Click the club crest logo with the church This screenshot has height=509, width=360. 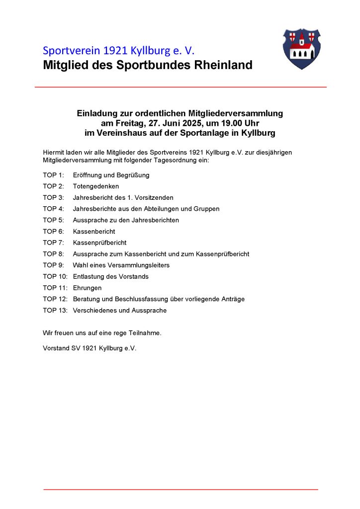tap(301, 48)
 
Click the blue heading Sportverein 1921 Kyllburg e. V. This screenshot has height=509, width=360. tap(119, 51)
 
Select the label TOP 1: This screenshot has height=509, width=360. tap(53, 175)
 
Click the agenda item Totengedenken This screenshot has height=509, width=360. tap(96, 186)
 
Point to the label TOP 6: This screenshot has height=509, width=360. tap(53, 232)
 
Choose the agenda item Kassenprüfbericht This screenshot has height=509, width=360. tap(99, 243)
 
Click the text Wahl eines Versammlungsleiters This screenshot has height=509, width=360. tap(121, 265)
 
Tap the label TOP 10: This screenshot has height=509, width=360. tap(55, 276)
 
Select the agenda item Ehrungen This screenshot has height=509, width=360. tap(87, 288)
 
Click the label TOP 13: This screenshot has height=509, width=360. tap(55, 310)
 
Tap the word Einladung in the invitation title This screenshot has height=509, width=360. tap(95, 113)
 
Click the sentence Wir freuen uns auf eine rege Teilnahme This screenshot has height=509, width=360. tap(102, 333)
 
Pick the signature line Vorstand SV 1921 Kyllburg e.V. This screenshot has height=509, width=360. tap(90, 348)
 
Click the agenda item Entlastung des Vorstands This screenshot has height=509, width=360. tap(110, 276)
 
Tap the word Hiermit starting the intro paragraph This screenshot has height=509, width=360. tap(54, 152)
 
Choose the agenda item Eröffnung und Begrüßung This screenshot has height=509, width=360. tap(111, 175)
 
